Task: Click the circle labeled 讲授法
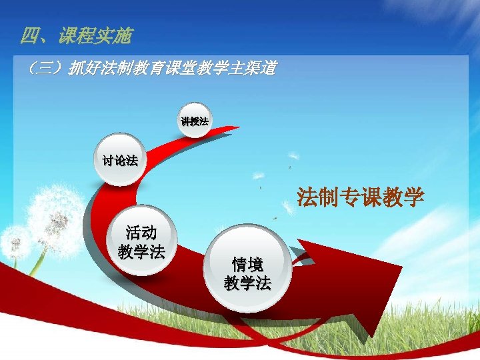point(195,121)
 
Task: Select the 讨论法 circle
point(119,160)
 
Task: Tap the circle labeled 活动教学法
point(141,242)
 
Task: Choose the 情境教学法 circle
point(248,273)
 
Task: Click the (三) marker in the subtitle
point(43,68)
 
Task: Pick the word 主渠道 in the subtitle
point(253,68)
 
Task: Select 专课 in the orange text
point(360,198)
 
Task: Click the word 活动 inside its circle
point(141,233)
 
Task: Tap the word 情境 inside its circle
point(248,263)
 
